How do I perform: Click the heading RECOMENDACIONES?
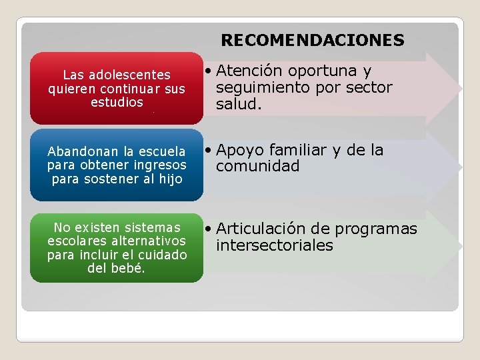[312, 41]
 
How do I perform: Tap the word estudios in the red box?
[117, 102]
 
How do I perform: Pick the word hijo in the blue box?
[170, 179]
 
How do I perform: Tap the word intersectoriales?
[274, 245]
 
